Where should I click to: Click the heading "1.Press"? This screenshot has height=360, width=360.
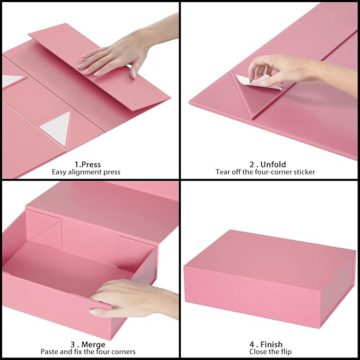coord(87,164)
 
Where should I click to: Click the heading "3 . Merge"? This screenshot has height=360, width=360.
coord(87,344)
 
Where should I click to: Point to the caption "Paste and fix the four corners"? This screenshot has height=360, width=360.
coord(87,352)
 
